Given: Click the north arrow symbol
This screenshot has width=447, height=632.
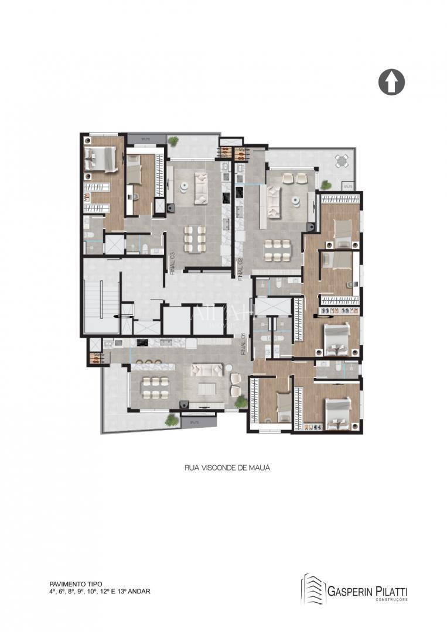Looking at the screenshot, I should point(392,82).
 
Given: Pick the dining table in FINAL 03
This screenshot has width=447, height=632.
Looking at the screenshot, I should point(194,238).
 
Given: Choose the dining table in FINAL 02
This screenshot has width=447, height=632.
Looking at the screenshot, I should point(277,250).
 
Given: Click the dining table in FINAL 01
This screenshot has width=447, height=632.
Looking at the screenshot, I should point(155,386).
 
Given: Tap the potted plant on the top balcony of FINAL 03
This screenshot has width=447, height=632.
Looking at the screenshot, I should point(173,141).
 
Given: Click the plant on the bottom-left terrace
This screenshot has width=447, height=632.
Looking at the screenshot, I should point(171,419).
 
